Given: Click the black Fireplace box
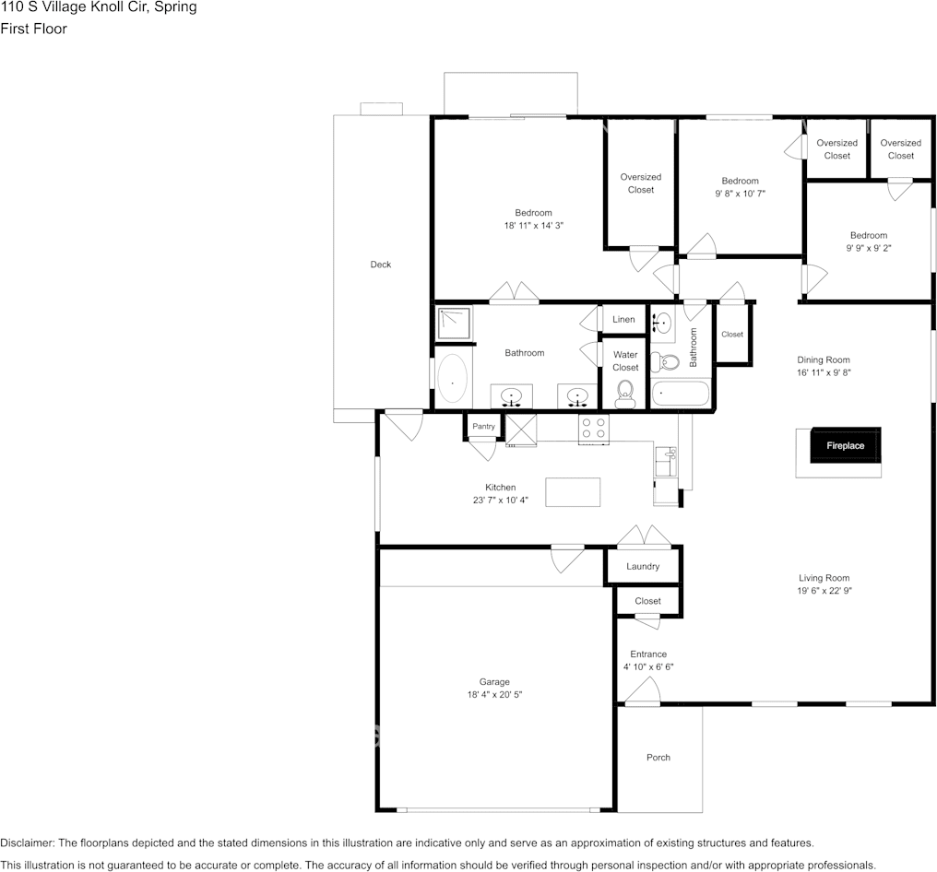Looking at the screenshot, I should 845,445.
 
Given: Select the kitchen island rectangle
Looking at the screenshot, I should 573,492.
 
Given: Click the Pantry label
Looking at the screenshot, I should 483,427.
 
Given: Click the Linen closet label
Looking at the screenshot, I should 623,320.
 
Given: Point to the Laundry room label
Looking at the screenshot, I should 643,566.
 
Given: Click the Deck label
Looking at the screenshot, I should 381,265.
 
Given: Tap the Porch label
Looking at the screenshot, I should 658,758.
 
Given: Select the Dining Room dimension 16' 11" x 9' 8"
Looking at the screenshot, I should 824,373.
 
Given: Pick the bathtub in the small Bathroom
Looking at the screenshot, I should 681,395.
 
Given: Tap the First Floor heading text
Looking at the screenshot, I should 33,29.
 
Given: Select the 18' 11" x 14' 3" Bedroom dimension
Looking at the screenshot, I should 533,225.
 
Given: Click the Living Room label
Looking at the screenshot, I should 824,578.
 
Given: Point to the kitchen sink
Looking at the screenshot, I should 666,456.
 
